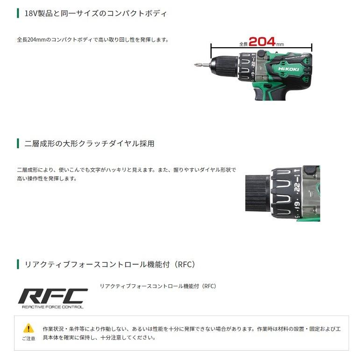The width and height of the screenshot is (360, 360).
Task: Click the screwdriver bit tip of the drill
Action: tap(197, 65)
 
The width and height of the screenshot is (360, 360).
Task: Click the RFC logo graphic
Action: tap(53, 295)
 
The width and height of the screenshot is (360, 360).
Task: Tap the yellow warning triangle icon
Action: tap(29, 328)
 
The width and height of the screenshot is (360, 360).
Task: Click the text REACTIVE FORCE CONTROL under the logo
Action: tap(53, 307)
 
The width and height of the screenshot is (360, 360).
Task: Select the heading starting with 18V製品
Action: tap(95, 14)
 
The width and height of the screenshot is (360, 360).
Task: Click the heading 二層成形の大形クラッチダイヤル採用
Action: tap(89, 144)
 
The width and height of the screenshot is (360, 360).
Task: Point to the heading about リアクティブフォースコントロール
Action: tap(109, 265)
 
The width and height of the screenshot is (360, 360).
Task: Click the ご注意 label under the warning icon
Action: tap(29, 338)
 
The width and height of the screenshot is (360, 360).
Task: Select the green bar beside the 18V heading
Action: tap(18, 14)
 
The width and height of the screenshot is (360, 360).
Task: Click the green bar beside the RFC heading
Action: tap(18, 265)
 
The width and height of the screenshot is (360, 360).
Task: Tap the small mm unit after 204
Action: tap(280, 44)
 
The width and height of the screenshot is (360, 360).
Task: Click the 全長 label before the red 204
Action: tap(243, 44)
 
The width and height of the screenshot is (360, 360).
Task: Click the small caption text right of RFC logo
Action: tap(158, 286)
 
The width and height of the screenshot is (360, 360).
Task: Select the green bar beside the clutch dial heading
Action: tap(18, 144)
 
